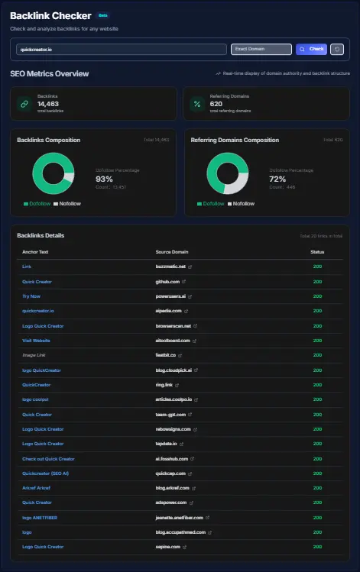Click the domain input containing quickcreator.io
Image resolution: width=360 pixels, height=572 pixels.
pyautogui.click(x=121, y=49)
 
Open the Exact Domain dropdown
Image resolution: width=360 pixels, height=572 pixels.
pyautogui.click(x=261, y=49)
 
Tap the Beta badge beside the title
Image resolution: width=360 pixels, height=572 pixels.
pyautogui.click(x=103, y=15)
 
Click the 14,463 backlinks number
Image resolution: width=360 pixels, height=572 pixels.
pyautogui.click(x=48, y=103)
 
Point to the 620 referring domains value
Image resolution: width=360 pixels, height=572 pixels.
pyautogui.click(x=216, y=103)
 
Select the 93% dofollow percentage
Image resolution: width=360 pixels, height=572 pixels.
pyautogui.click(x=105, y=179)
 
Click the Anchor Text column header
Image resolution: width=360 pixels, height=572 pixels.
pyautogui.click(x=35, y=251)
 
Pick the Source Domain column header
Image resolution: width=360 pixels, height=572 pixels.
pyautogui.click(x=172, y=251)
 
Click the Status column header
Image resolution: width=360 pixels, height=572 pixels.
pyautogui.click(x=316, y=251)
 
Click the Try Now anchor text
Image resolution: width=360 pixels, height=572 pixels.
pyautogui.click(x=31, y=296)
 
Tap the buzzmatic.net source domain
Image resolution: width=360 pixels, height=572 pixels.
pyautogui.click(x=172, y=267)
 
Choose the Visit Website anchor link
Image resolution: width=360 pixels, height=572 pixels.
pyautogui.click(x=36, y=341)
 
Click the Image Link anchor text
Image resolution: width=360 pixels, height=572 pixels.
pyautogui.click(x=34, y=355)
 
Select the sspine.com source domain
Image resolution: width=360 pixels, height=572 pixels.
pyautogui.click(x=169, y=547)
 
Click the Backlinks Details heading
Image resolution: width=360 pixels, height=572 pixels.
pyautogui.click(x=44, y=235)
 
